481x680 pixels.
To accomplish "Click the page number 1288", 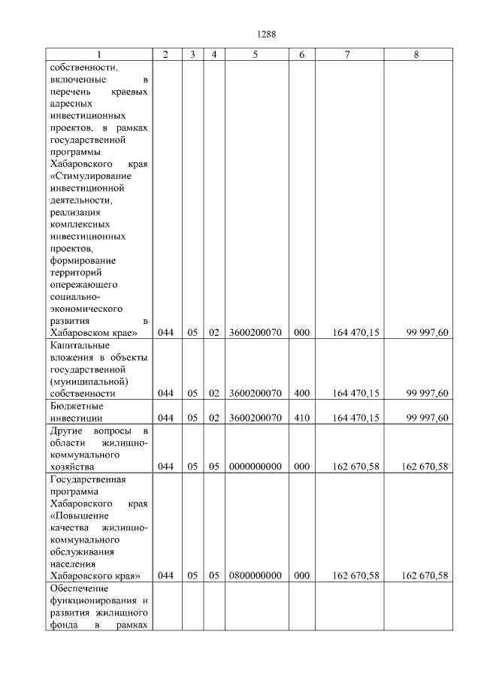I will pyautogui.click(x=268, y=34).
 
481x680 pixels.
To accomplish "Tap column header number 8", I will pyautogui.click(x=418, y=55).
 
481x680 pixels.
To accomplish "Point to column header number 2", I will pyautogui.click(x=166, y=55).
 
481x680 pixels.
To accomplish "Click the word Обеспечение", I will pyautogui.click(x=79, y=588).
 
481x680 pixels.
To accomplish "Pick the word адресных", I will pyautogui.click(x=71, y=104).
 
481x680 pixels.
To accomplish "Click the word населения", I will pyautogui.click(x=74, y=564).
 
